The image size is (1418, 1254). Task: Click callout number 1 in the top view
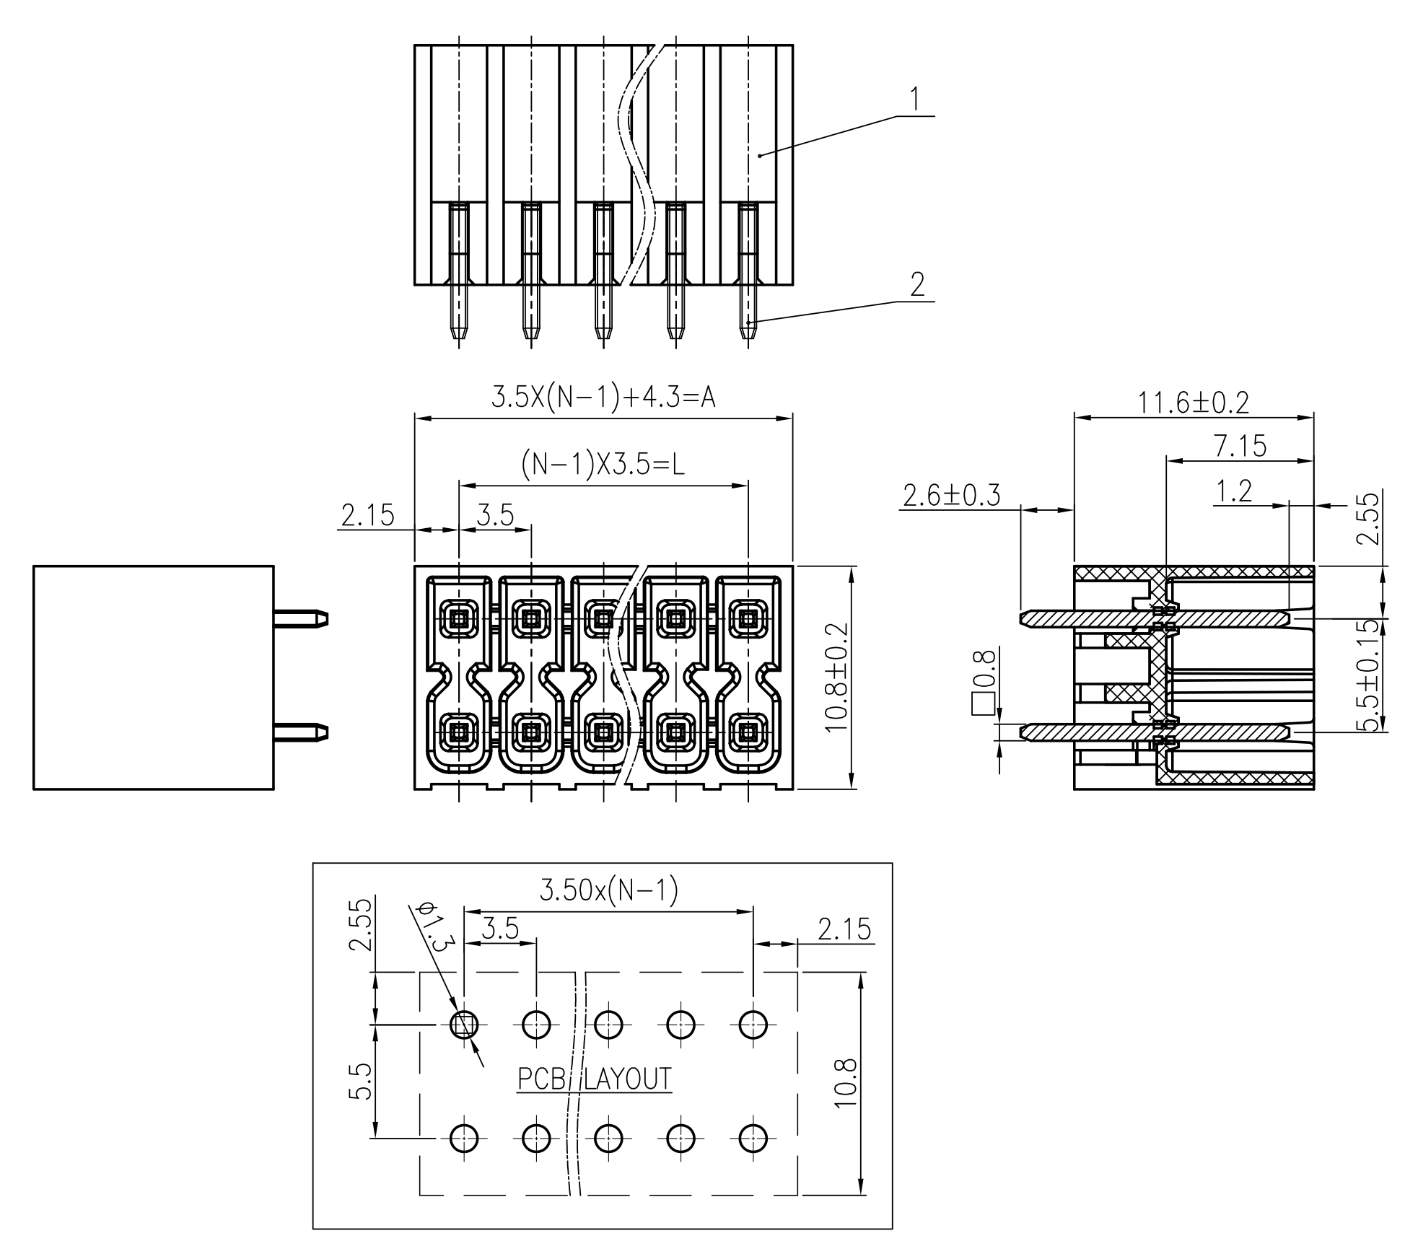tap(915, 100)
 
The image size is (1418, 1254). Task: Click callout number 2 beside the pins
tap(917, 285)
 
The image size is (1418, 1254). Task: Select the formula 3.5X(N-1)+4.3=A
tap(603, 397)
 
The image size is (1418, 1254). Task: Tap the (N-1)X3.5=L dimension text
tap(603, 465)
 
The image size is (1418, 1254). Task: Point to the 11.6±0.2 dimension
tap(1193, 403)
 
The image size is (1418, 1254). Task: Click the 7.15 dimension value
tap(1240, 447)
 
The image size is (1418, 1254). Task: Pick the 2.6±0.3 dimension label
tap(951, 496)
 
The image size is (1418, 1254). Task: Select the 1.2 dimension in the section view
tap(1234, 491)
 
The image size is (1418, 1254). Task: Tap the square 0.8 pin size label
tap(984, 682)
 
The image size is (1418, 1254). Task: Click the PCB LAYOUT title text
tap(594, 1079)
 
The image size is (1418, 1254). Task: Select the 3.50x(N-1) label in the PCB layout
tap(608, 892)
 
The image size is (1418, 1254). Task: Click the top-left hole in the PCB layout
tap(463, 1023)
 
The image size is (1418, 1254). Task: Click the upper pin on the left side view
tap(300, 618)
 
